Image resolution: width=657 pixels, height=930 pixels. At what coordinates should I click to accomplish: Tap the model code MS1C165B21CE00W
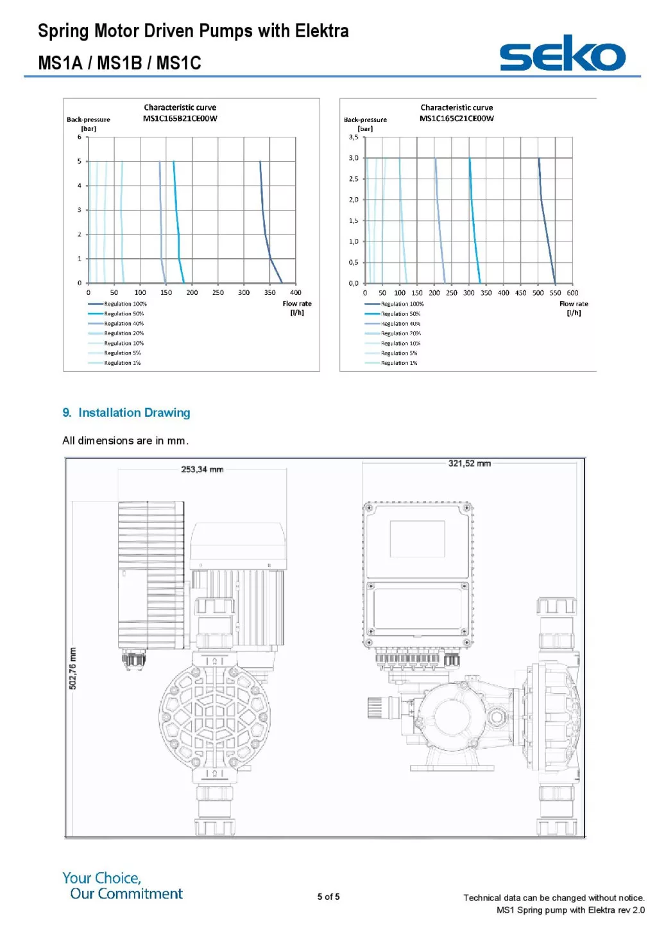180,118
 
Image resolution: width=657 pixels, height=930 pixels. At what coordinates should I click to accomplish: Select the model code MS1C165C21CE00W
457,118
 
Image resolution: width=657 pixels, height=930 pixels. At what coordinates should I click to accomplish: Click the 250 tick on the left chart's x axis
218,293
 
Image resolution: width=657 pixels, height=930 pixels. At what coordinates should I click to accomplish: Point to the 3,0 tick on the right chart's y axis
354,158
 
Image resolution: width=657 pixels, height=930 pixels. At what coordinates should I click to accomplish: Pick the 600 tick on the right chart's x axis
572,293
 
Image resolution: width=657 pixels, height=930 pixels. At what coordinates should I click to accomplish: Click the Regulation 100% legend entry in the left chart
125,304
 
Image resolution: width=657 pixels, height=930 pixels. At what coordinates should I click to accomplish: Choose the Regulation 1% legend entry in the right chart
399,363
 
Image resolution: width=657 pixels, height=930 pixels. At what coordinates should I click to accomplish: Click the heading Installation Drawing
134,413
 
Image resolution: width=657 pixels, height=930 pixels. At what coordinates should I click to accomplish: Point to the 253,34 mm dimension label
202,469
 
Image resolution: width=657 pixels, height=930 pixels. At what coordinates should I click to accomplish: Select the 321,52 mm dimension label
469,463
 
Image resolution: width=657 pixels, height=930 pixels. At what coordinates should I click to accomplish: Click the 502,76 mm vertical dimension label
73,669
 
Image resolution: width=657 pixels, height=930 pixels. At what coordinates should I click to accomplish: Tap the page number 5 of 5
328,897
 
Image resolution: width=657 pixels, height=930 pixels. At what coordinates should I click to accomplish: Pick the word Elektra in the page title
321,31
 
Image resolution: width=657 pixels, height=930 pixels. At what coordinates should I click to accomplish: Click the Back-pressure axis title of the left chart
89,119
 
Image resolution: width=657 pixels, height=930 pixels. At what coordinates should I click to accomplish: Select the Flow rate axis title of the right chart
574,304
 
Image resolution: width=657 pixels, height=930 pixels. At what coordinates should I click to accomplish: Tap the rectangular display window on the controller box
418,539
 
